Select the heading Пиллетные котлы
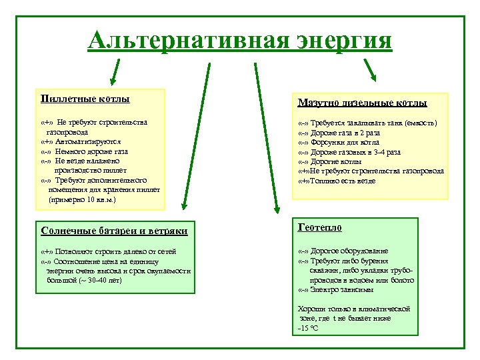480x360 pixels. pyautogui.click(x=85, y=99)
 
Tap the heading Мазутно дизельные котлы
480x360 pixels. pyautogui.click(x=362, y=103)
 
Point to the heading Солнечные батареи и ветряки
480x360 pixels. pyautogui.click(x=114, y=231)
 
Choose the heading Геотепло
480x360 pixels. pyautogui.click(x=319, y=227)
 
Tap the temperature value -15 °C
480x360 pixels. pyautogui.click(x=308, y=329)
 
